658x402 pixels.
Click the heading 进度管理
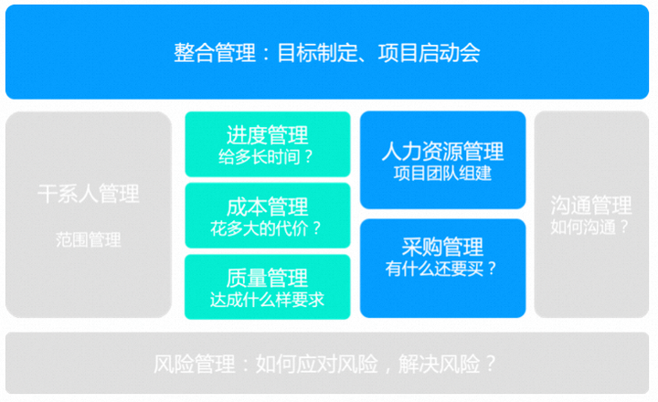(267, 135)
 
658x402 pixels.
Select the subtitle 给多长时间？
(266, 157)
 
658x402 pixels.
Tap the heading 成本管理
(267, 206)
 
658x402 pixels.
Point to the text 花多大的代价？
(266, 228)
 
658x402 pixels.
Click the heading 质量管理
(267, 278)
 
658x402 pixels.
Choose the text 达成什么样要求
(267, 300)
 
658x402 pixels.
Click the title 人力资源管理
(442, 152)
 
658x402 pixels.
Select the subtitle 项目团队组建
(442, 174)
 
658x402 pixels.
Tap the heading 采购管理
(442, 247)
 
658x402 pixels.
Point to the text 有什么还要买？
(441, 269)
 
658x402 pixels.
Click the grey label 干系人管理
(89, 194)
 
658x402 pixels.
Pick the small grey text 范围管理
(89, 240)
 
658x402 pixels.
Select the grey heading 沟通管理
(591, 206)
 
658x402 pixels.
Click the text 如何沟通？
(590, 227)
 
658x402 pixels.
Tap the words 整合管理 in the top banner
(215, 53)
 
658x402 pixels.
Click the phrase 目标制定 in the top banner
(318, 53)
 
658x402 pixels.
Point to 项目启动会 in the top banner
(429, 53)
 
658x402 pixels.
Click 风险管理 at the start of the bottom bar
(195, 364)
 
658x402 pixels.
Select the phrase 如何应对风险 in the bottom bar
(317, 364)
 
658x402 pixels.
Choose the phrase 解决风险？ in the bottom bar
(447, 364)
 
